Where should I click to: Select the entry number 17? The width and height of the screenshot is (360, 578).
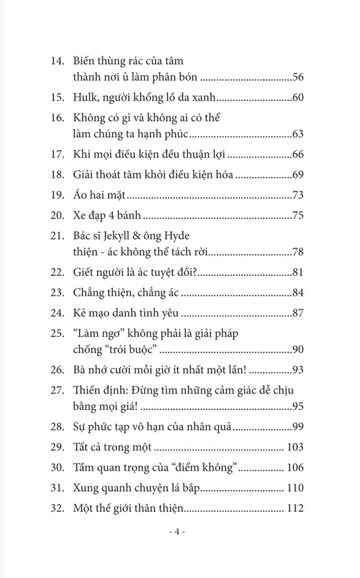pos(59,155)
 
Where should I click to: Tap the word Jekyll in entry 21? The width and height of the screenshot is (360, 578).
pos(127,234)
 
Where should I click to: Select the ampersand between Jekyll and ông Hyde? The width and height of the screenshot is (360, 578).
pos(153,234)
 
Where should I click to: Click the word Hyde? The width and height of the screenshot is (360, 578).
pos(198,234)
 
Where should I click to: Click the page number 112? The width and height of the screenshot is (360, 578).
pos(294,508)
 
